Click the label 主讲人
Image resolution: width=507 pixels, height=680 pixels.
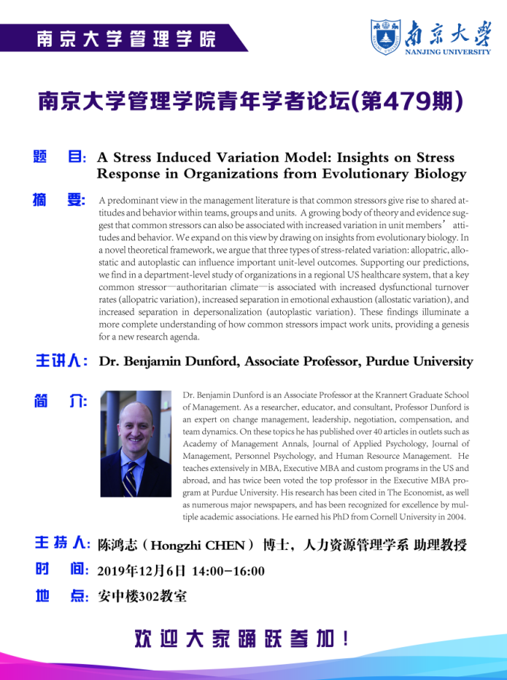[63, 362]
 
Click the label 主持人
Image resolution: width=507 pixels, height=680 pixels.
[63, 544]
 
